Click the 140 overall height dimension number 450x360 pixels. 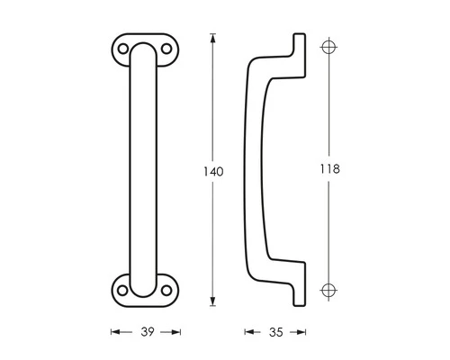(213, 171)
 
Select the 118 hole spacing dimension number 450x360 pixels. (330, 168)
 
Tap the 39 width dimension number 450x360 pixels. (145, 332)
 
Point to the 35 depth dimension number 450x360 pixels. (276, 332)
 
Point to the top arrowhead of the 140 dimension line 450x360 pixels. (212, 39)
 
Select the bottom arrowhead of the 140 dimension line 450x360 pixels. (212, 301)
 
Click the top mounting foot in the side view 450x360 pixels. (296, 48)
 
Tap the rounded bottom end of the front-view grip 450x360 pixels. (144, 290)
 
